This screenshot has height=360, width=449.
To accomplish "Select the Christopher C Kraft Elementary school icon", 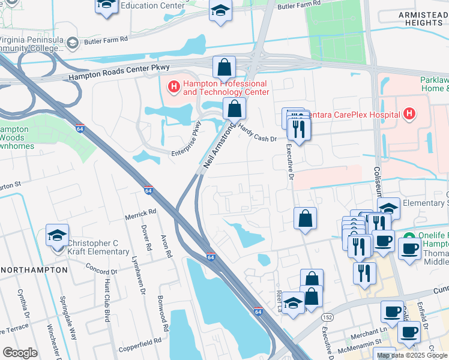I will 57,236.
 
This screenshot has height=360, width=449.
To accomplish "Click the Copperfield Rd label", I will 140,340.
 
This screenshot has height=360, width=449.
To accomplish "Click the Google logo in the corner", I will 20,352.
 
